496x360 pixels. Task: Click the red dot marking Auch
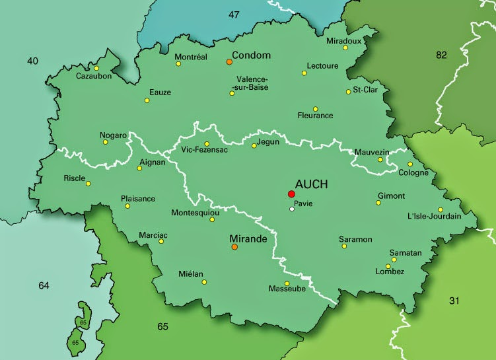click(291, 194)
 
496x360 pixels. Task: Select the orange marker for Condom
click(229, 61)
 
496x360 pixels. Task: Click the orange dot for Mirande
click(234, 248)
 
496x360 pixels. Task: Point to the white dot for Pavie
click(292, 209)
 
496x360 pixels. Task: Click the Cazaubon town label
click(93, 76)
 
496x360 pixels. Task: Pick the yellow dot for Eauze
click(147, 101)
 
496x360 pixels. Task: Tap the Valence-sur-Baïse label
click(252, 83)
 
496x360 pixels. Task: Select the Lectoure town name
click(322, 66)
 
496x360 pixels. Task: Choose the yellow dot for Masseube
click(287, 283)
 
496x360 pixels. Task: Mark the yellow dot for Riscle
click(89, 184)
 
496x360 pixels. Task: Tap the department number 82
click(441, 55)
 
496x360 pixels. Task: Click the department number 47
click(234, 15)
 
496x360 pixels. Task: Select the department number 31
click(454, 301)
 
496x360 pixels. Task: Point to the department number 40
click(32, 61)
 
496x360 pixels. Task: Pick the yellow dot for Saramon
click(344, 246)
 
